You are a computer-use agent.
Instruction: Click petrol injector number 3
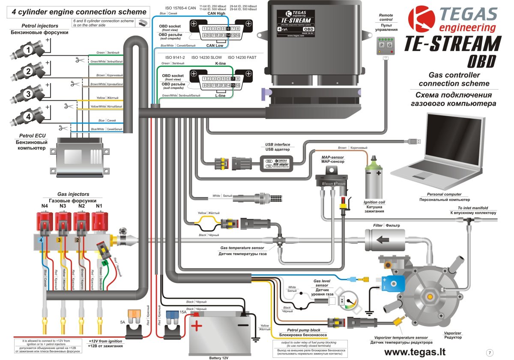[29, 93]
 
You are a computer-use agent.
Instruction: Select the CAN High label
[216, 13]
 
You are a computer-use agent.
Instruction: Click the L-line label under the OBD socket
[220, 96]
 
